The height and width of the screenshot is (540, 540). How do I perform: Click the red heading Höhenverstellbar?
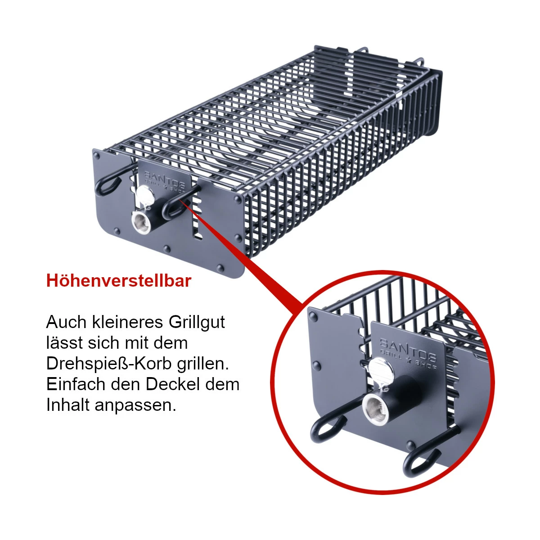[x=119, y=281]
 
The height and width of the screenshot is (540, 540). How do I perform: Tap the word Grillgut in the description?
[x=197, y=322]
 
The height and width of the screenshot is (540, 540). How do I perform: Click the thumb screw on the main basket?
[x=145, y=197]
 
